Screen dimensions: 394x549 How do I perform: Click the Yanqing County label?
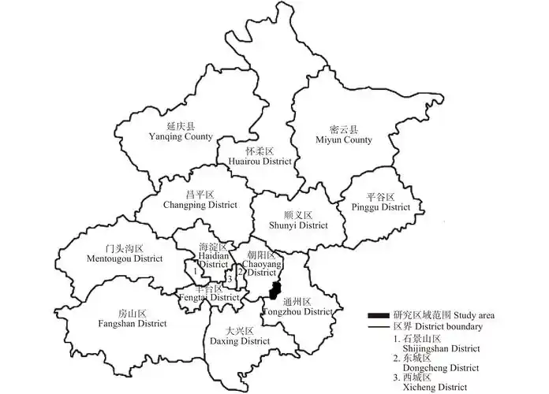point(181,132)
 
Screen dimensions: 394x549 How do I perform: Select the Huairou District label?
point(260,156)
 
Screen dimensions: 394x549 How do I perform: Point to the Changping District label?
point(200,199)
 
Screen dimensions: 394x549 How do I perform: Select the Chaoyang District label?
point(262,265)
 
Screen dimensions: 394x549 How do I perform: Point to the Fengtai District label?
point(207,292)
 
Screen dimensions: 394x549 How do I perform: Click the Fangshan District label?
point(133,318)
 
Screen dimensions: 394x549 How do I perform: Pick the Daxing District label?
point(239,336)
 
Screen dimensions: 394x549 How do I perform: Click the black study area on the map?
point(274,290)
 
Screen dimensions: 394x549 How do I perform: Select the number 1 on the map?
point(194,271)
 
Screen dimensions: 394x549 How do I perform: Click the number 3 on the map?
point(229,278)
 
